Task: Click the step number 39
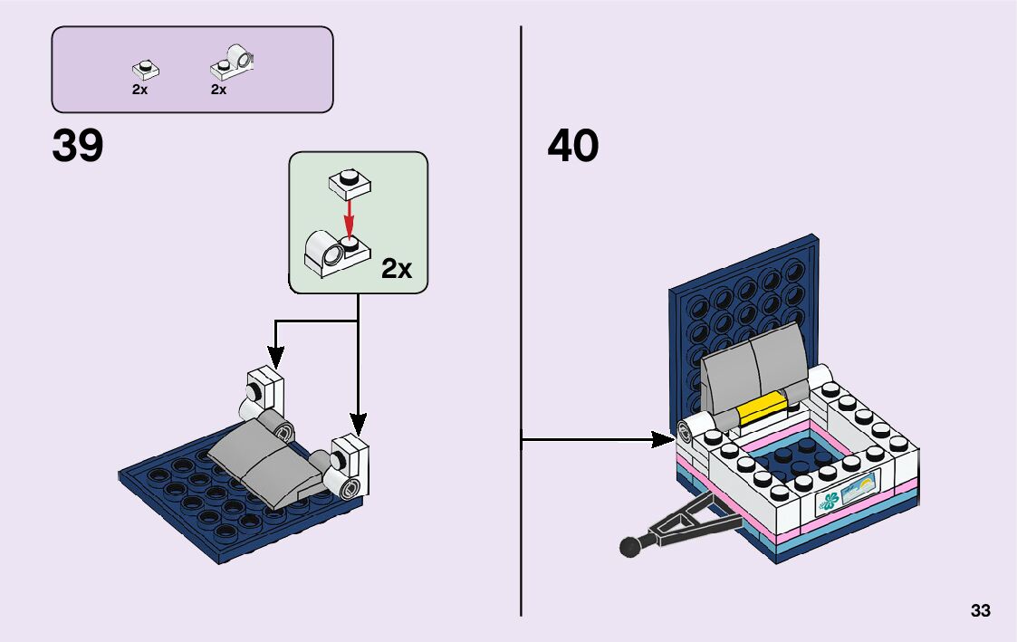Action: [x=78, y=146]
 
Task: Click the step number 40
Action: [x=572, y=146]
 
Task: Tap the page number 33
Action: [x=980, y=611]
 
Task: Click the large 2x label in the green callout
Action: [x=396, y=268]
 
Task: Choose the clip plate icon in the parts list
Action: [x=234, y=62]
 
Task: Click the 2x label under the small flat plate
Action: [x=139, y=90]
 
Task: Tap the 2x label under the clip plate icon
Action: [x=218, y=90]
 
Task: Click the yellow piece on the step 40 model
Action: [x=760, y=409]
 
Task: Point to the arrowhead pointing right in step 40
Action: [x=666, y=440]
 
